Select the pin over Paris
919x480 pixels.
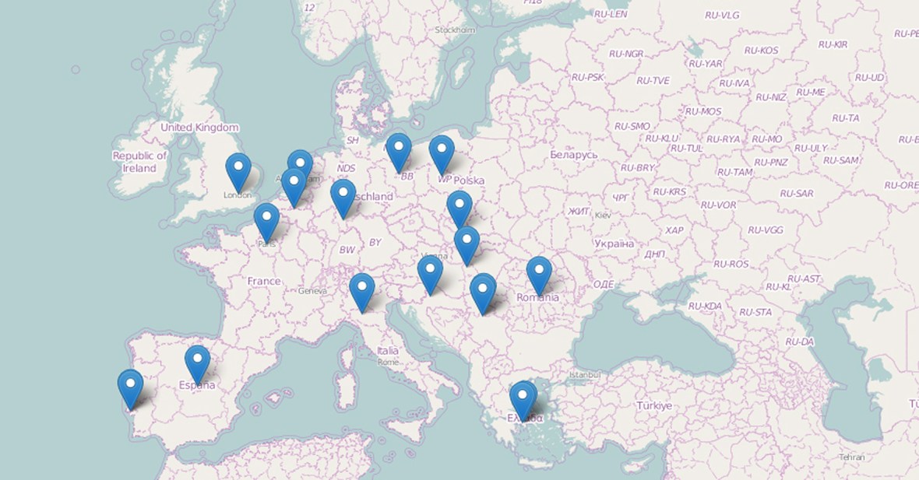pyautogui.click(x=266, y=219)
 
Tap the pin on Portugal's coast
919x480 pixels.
pyautogui.click(x=130, y=386)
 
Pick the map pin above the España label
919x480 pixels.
pyautogui.click(x=197, y=361)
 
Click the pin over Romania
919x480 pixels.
pyautogui.click(x=539, y=272)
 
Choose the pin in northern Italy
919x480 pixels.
pyautogui.click(x=361, y=289)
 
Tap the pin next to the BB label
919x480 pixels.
pyautogui.click(x=398, y=149)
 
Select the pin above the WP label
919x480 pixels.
pyautogui.click(x=442, y=151)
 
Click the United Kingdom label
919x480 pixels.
pyautogui.click(x=199, y=128)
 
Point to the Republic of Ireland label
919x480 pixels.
pyautogui.click(x=139, y=162)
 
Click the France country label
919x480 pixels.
pyautogui.click(x=264, y=281)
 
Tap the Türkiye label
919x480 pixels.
pyautogui.click(x=653, y=405)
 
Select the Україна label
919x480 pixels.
pyautogui.click(x=614, y=244)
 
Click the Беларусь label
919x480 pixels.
pyautogui.click(x=574, y=155)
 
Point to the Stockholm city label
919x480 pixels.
pyautogui.click(x=455, y=30)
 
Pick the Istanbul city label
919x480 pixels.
pyautogui.click(x=586, y=374)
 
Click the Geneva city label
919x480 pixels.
pyautogui.click(x=312, y=291)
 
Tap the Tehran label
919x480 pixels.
pyautogui.click(x=851, y=457)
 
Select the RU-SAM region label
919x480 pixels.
pyautogui.click(x=840, y=160)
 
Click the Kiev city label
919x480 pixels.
pyautogui.click(x=603, y=215)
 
